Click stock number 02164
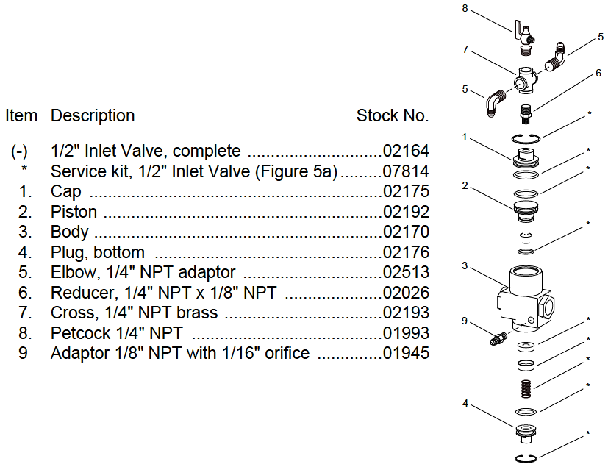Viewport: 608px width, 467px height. (406, 151)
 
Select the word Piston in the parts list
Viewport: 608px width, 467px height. (74, 212)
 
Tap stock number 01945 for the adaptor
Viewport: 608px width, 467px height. (406, 353)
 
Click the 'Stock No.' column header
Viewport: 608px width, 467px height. (393, 115)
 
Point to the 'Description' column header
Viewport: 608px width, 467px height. (93, 115)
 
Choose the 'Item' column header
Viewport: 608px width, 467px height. (21, 115)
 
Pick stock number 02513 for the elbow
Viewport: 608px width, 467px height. (406, 272)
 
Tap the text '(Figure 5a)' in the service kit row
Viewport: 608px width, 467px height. (296, 171)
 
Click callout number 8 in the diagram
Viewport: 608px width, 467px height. (465, 9)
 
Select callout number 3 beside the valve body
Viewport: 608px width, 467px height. (465, 265)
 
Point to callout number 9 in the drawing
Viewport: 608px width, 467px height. (465, 321)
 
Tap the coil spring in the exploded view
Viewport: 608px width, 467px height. (526, 388)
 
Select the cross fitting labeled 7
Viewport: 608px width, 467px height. (526, 80)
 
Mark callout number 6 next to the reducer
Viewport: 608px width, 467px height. (598, 73)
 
